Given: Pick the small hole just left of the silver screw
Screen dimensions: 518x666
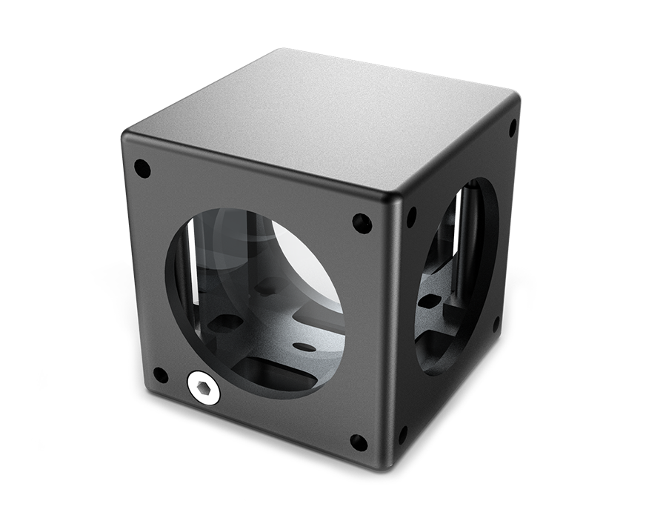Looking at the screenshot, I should pos(160,375).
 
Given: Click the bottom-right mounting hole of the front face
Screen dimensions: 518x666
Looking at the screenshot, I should pos(359,443).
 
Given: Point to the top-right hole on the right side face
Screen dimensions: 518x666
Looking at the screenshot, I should pos(512,128).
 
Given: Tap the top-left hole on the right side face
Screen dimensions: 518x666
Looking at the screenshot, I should pos(412,216).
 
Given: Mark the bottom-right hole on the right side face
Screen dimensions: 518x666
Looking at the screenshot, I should pos(496,324).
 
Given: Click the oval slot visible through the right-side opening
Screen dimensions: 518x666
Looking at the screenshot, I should pos(430,301).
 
